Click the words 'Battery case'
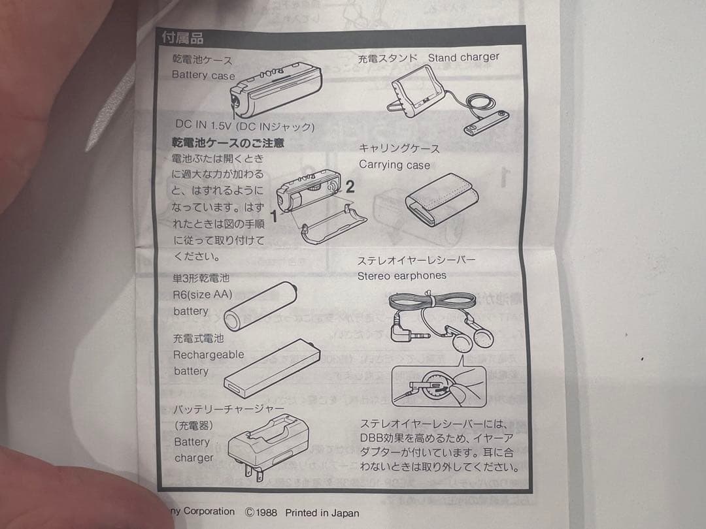tap(203, 75)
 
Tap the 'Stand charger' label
tap(463, 57)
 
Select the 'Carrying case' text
tap(394, 165)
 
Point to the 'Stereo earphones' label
tap(401, 276)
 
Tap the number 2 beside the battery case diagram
tap(350, 187)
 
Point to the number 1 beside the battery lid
tap(275, 218)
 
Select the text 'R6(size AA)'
tap(202, 295)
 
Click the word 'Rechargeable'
tap(208, 355)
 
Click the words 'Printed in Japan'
tap(322, 513)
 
